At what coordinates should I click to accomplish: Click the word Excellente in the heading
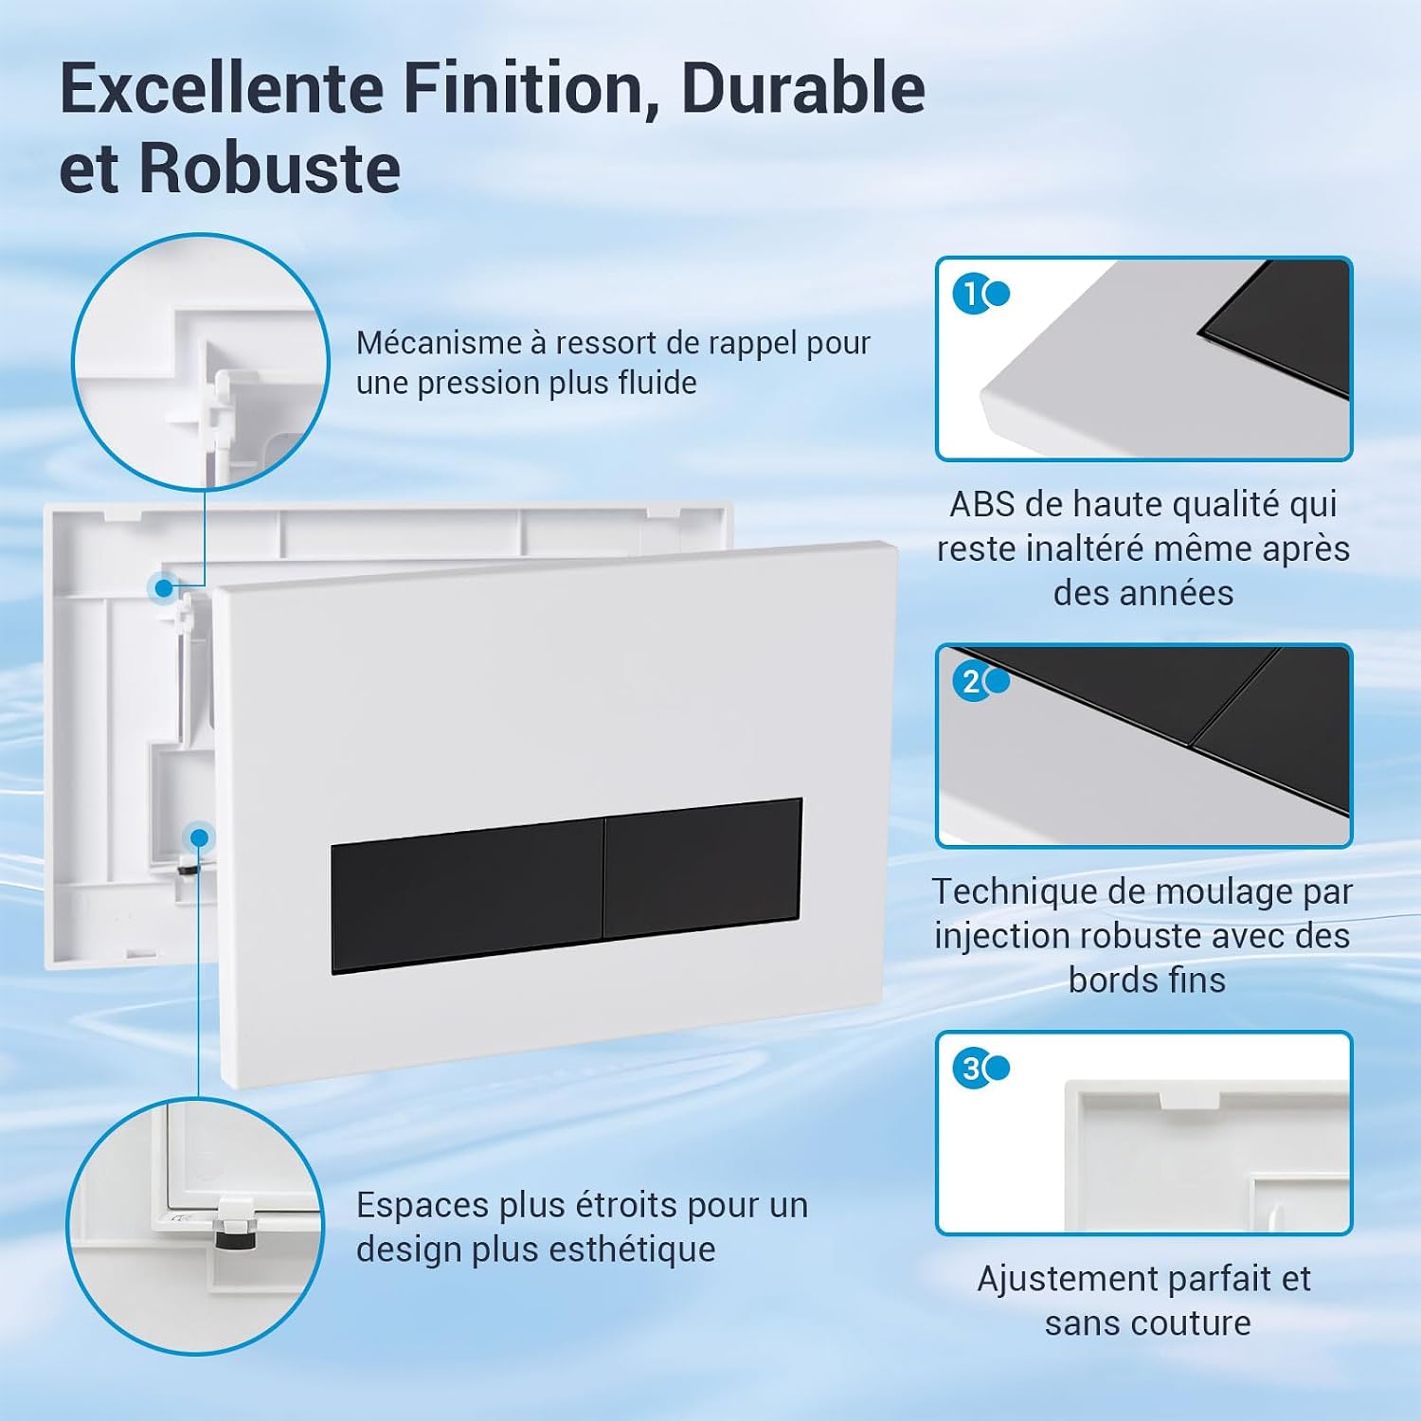tap(222, 87)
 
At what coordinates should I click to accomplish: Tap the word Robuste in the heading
tap(269, 169)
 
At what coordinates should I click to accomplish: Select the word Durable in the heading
tap(802, 87)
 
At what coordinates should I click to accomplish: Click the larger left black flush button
tap(468, 896)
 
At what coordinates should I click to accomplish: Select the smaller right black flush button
tap(703, 869)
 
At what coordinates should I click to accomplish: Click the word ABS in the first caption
tap(982, 504)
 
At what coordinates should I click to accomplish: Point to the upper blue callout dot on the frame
tap(164, 588)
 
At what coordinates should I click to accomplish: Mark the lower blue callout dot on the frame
tap(199, 838)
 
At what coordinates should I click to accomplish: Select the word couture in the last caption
tap(1196, 1322)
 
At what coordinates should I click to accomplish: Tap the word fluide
tap(657, 383)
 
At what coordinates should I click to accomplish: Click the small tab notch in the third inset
tap(1190, 1099)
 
